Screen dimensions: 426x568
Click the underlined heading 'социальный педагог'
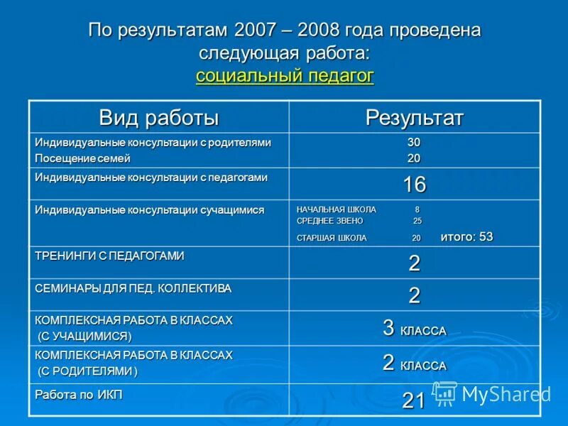tap(285, 76)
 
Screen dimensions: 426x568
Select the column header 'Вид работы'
tap(158, 117)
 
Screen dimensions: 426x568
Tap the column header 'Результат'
tap(414, 117)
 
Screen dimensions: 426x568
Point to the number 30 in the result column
tap(414, 143)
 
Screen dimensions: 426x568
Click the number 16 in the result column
tap(414, 185)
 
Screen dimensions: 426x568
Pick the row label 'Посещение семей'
tap(83, 158)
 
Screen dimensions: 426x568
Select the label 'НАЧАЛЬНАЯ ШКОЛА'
tap(337, 210)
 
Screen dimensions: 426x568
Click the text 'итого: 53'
tap(466, 237)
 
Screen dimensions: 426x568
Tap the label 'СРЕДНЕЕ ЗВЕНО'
tap(329, 222)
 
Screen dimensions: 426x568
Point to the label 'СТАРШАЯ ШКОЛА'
tap(332, 239)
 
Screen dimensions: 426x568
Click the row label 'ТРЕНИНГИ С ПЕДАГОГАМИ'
tap(109, 256)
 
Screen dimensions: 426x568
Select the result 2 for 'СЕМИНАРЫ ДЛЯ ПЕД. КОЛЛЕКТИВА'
tap(414, 295)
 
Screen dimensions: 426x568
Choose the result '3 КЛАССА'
tap(414, 329)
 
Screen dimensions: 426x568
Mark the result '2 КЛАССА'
tap(414, 364)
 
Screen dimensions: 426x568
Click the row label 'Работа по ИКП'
tap(79, 395)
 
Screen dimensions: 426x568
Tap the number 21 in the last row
tap(414, 401)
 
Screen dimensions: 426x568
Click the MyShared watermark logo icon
tap(445, 393)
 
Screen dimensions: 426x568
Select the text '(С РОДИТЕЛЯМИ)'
tap(88, 371)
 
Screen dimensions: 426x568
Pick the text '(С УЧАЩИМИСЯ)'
tap(84, 336)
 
